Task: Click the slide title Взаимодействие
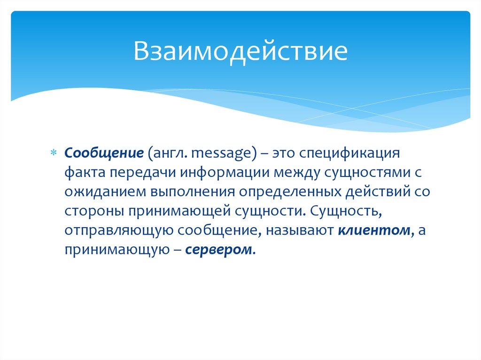click(x=240, y=52)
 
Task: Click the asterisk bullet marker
click(x=53, y=153)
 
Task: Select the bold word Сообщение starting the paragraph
click(x=104, y=153)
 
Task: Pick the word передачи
click(x=141, y=172)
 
